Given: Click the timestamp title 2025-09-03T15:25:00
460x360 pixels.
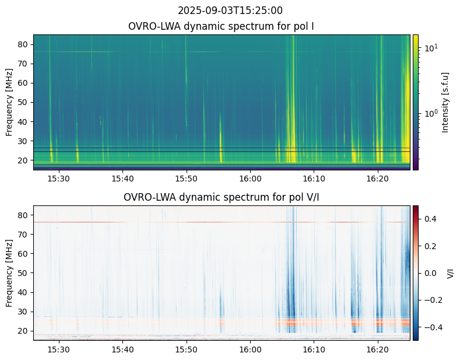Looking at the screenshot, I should pyautogui.click(x=230, y=11).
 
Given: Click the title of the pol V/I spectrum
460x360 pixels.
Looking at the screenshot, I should pyautogui.click(x=222, y=197).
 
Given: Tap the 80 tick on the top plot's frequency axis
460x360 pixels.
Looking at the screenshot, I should pyautogui.click(x=24, y=44).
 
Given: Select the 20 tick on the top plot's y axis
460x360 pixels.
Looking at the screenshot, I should pyautogui.click(x=24, y=160).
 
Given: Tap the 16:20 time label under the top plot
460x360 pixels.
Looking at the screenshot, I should pyautogui.click(x=377, y=177).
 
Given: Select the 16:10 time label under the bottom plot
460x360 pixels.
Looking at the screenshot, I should pyautogui.click(x=314, y=348).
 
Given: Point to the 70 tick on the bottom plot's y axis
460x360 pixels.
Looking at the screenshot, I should pyautogui.click(x=24, y=234).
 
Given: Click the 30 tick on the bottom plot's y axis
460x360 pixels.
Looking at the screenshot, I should pyautogui.click(x=24, y=312).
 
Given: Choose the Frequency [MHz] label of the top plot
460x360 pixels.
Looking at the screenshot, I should pyautogui.click(x=9, y=102).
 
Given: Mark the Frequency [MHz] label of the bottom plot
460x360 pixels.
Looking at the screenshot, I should pyautogui.click(x=9, y=273).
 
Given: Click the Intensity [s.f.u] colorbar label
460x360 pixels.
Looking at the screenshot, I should pyautogui.click(x=445, y=102).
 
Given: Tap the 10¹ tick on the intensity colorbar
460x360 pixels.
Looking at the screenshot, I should pyautogui.click(x=430, y=47).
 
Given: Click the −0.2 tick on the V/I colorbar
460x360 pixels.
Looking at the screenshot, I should pyautogui.click(x=431, y=300).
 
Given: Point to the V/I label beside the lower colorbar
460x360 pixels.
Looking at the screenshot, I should pyautogui.click(x=450, y=273).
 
